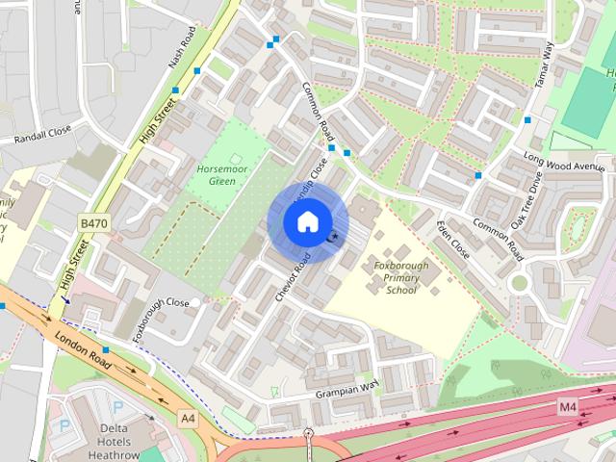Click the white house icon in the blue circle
click(306, 222)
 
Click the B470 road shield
click(93, 223)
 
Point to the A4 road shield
click(188, 418)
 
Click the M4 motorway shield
click(569, 408)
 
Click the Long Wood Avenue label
click(563, 160)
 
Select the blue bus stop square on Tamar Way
click(526, 120)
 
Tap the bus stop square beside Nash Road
click(197, 71)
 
